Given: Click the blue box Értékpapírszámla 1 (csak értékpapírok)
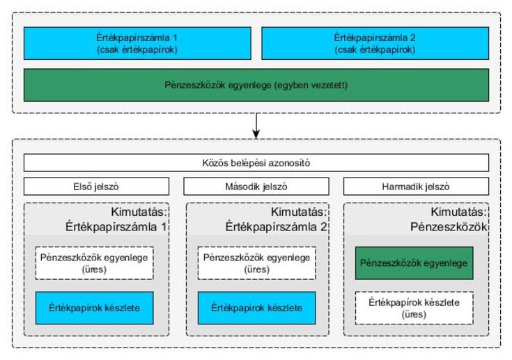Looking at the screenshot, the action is [137, 43].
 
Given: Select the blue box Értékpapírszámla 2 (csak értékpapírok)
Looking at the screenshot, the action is [375, 43].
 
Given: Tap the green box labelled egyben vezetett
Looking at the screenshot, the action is [256, 85].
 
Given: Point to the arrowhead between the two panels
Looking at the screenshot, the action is [256, 134].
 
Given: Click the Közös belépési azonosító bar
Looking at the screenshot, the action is [256, 162].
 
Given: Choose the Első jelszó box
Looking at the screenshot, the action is [96, 187].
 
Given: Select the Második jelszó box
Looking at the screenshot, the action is [256, 187].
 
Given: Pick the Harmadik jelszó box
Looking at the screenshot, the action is [417, 187].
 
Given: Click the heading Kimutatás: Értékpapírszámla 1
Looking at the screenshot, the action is [116, 219].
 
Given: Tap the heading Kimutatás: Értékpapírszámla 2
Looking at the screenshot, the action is [277, 219].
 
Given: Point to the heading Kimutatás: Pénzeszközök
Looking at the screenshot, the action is [449, 219].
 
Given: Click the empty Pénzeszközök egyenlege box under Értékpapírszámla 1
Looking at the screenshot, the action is [94, 263].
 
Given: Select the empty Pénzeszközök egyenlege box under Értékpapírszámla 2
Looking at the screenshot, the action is [256, 263].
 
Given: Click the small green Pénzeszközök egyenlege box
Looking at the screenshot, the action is [414, 263].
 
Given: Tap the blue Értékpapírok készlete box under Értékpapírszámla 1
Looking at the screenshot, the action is [94, 308].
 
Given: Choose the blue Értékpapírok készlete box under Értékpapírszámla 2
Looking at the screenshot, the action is [256, 308].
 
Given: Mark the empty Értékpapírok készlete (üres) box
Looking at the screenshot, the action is [414, 308].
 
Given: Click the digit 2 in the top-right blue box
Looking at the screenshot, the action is [412, 38].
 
